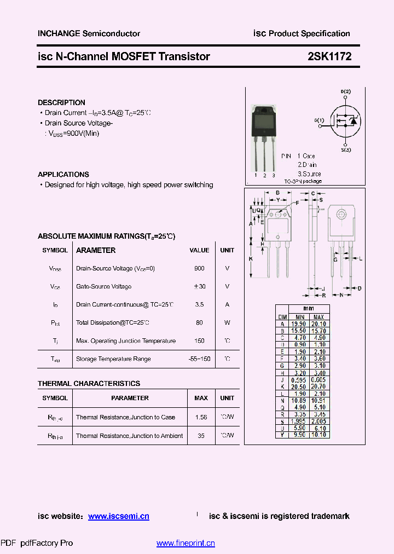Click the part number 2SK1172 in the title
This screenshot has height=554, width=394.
point(329,56)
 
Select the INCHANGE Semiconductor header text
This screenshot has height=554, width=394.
point(89,33)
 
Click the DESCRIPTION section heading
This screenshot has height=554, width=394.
point(61,102)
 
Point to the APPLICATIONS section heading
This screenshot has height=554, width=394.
point(63,174)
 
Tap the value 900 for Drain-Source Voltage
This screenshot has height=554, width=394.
point(199,268)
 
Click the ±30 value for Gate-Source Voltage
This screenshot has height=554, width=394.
point(199,286)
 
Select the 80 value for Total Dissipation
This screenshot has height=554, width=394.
point(199,322)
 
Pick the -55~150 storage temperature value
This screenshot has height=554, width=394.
point(199,359)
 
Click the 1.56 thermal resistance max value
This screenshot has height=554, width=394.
point(201,417)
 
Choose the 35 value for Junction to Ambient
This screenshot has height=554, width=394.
point(201,436)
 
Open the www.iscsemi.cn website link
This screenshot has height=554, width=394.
point(118,516)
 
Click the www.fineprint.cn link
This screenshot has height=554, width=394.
point(186,543)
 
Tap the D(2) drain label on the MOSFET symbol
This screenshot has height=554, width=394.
point(345,91)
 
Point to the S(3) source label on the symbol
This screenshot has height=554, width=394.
point(346,149)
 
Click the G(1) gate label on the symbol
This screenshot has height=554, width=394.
point(319,120)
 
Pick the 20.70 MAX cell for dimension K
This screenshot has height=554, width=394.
point(318,386)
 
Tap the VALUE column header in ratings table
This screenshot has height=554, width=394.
point(199,250)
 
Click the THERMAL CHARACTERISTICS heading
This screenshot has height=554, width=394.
point(89,383)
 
